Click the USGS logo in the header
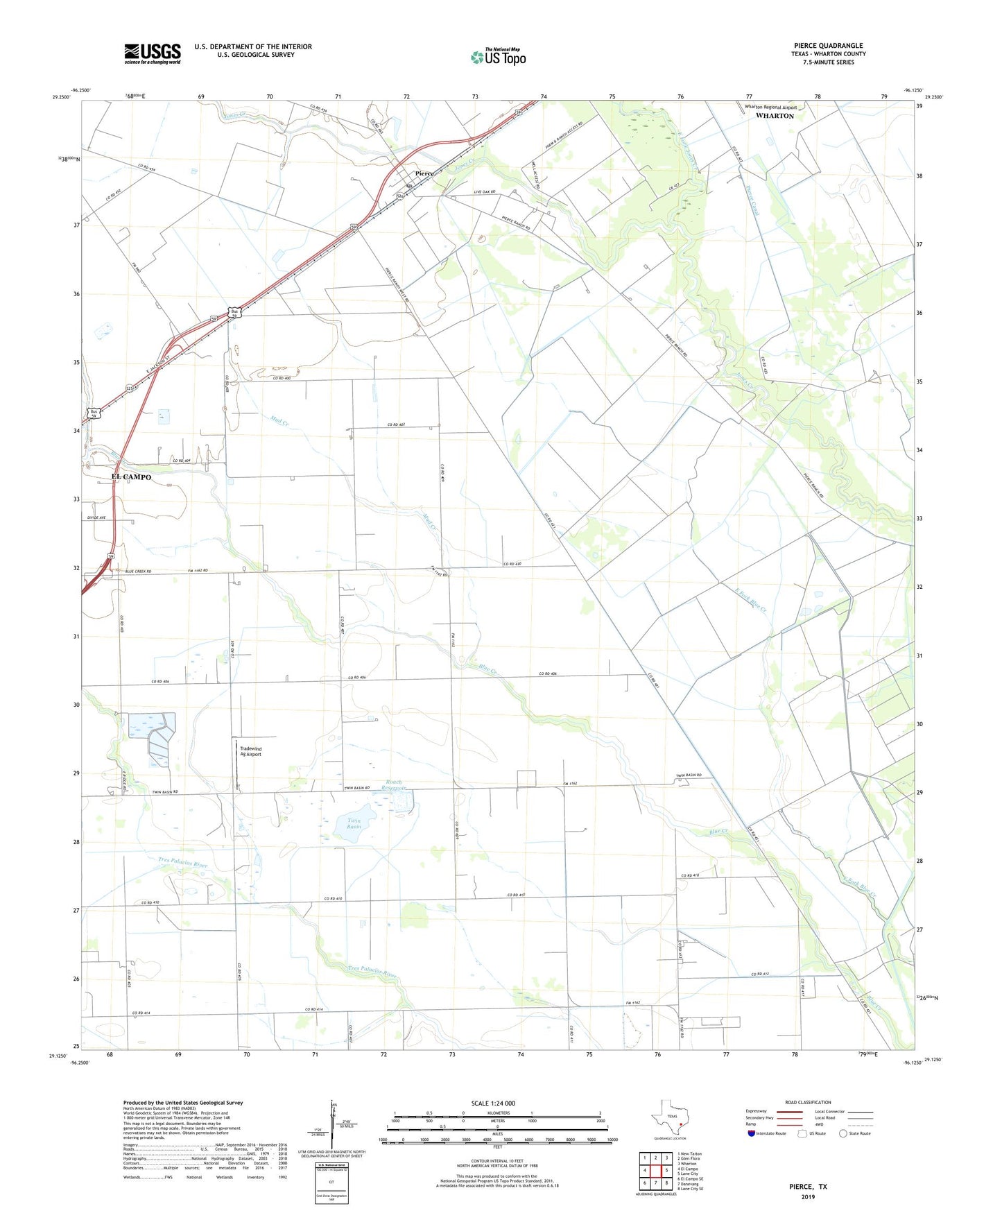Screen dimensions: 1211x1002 pos(153,53)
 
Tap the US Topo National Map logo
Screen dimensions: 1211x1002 pos(498,56)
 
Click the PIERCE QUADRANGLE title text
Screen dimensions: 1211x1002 pos(828,46)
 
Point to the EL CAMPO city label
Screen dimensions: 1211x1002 pos(131,477)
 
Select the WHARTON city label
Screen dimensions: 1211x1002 pos(775,116)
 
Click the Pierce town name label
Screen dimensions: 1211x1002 pos(424,173)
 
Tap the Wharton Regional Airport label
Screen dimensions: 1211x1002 pos(770,108)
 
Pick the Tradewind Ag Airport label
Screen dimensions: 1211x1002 pos(250,752)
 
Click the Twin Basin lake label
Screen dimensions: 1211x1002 pos(354,823)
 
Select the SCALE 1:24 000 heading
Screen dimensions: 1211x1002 pos(493,1103)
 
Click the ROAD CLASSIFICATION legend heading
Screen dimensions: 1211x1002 pos(808,1102)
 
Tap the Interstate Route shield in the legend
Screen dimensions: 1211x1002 pos(751,1133)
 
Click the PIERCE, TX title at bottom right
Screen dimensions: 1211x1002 pos(808,1187)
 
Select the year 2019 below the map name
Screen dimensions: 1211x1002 pos(808,1197)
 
